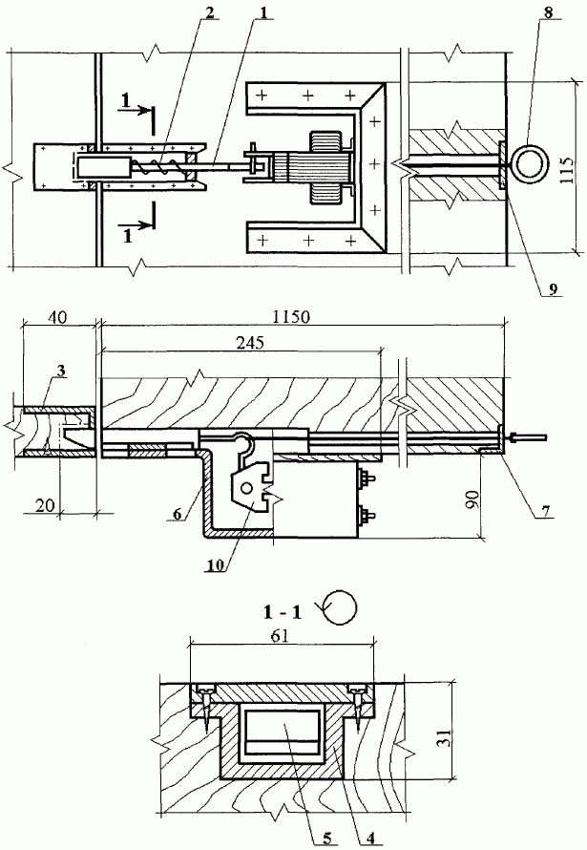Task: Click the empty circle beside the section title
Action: (x=341, y=605)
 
